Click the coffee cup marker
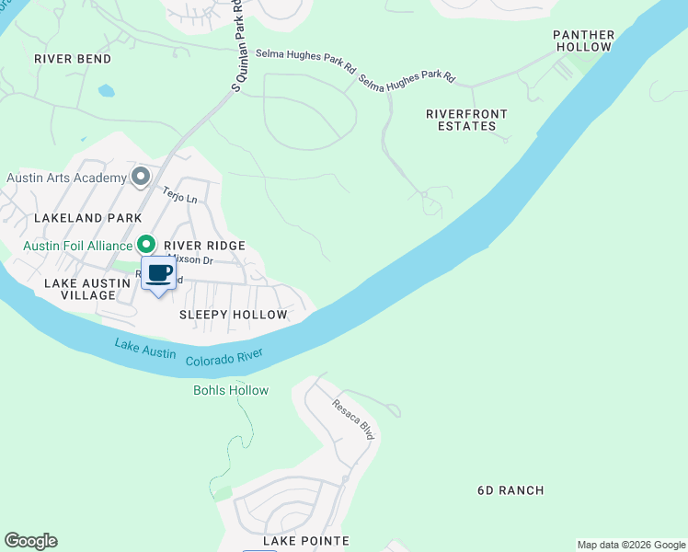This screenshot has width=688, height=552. (158, 273)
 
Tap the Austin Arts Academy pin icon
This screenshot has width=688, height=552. (141, 176)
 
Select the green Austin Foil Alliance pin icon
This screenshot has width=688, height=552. (145, 244)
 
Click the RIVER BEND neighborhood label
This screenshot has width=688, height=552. (73, 59)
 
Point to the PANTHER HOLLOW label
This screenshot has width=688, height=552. (583, 40)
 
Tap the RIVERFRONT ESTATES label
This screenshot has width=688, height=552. (466, 120)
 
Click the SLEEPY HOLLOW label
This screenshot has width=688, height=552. (234, 315)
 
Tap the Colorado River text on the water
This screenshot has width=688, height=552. (224, 358)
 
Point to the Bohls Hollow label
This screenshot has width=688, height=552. (231, 390)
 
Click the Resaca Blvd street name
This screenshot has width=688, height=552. (353, 419)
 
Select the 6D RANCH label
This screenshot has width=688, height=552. (510, 490)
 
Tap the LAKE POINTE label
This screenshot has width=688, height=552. (306, 541)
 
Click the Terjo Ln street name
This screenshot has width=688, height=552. (180, 194)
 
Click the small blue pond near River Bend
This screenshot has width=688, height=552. (107, 91)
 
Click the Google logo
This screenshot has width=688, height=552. (30, 541)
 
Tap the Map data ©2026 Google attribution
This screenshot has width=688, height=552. (631, 545)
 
